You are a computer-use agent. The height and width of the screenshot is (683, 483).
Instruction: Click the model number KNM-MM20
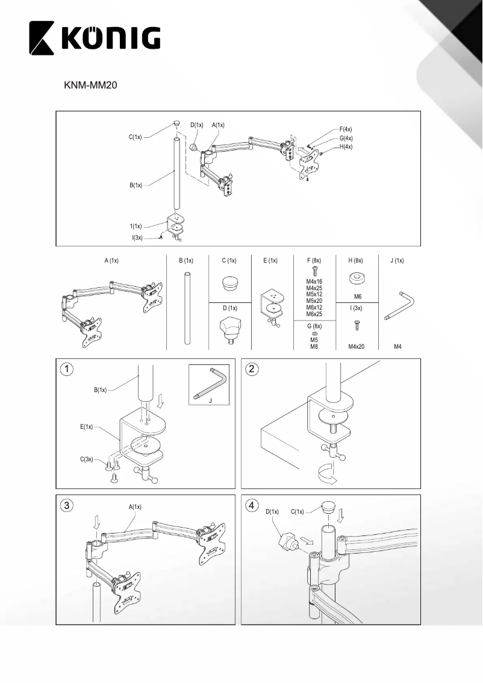click(x=90, y=86)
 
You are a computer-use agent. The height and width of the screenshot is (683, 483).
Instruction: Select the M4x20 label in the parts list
click(x=357, y=347)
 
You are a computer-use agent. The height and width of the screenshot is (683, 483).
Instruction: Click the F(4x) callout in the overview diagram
click(x=346, y=129)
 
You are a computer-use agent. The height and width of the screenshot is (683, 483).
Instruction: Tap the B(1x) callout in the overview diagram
click(x=136, y=186)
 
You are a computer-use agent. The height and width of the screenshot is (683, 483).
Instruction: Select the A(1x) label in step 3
click(x=135, y=507)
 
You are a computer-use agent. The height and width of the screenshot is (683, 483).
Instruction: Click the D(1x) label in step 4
click(x=272, y=512)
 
